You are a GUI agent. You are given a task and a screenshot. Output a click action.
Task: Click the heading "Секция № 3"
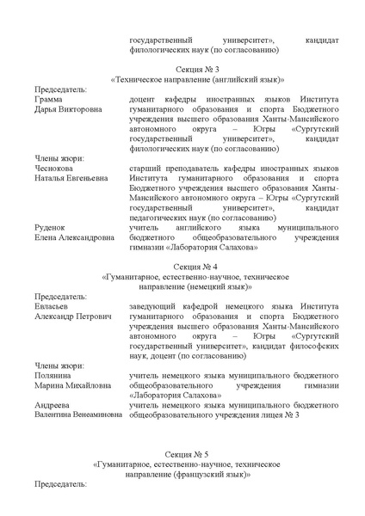coord(182,68)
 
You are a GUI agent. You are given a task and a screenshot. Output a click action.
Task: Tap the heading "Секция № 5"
coord(182,452)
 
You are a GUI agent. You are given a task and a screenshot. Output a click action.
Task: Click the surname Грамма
coord(50,100)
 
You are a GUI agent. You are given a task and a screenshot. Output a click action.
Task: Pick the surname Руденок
coord(53,227)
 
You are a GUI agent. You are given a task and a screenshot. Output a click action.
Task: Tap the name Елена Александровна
coord(74,237)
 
